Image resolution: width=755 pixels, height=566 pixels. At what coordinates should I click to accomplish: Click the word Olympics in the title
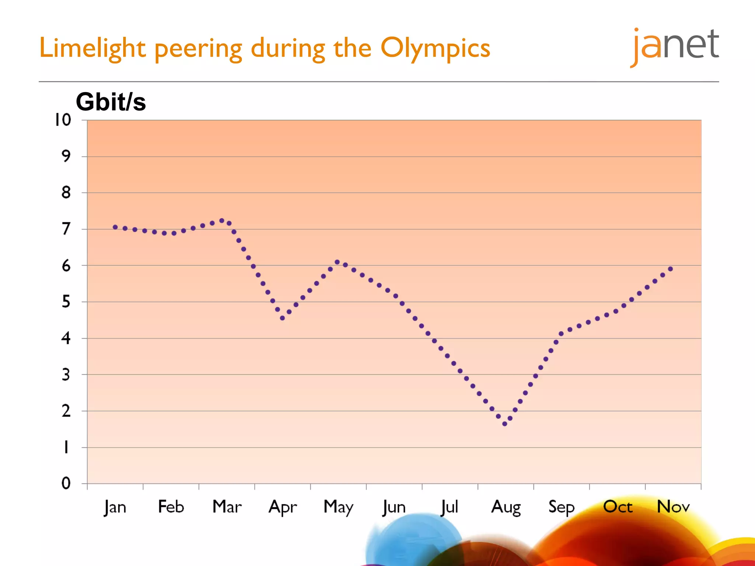click(435, 48)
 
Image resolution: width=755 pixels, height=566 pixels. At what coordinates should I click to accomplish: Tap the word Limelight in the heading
click(92, 48)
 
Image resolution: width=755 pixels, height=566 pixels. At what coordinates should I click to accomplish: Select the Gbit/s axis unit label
click(111, 102)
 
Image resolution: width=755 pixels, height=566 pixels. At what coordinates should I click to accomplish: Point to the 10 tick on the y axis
click(63, 120)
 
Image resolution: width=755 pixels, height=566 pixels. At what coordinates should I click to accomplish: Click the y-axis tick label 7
click(66, 229)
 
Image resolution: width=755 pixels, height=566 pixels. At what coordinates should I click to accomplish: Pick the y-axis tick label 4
click(66, 338)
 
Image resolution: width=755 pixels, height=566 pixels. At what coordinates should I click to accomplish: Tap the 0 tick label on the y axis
click(66, 483)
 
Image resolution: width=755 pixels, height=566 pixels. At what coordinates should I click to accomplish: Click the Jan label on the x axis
click(115, 507)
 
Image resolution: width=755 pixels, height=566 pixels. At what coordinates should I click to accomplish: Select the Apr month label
click(282, 507)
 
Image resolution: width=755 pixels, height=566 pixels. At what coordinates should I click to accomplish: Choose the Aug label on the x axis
click(506, 507)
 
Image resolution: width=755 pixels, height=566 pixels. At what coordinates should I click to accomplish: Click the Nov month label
click(673, 507)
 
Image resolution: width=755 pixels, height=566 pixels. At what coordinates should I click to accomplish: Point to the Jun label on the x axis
click(394, 507)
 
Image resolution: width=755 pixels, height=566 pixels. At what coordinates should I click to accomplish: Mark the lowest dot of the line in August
click(505, 424)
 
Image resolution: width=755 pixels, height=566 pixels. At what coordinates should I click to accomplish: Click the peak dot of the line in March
click(222, 221)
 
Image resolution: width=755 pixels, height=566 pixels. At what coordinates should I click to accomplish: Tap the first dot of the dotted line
click(115, 227)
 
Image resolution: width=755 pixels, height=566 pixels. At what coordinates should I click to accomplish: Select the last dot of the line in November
click(671, 269)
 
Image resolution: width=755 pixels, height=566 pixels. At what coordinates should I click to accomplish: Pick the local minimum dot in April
click(282, 318)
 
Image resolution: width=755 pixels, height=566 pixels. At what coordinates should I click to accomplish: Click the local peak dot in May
click(337, 262)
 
